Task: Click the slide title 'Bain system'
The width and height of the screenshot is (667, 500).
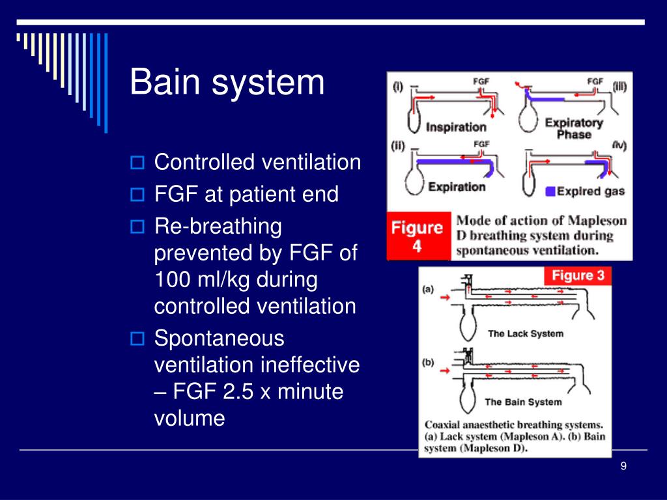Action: tap(227, 83)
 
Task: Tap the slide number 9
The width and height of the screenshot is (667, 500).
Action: tap(623, 465)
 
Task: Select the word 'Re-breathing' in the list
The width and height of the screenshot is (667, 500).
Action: tap(218, 227)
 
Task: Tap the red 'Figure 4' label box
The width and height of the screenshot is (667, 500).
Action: tap(416, 236)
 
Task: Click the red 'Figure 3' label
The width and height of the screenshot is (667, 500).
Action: tap(578, 275)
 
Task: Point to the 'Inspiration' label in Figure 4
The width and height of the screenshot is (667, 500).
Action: tap(456, 127)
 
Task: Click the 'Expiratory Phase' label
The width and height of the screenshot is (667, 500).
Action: tap(573, 128)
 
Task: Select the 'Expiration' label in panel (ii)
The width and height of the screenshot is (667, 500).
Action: tap(456, 187)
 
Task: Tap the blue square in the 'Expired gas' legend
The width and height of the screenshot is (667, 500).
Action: tap(550, 191)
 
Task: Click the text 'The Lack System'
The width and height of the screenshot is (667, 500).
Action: tap(525, 333)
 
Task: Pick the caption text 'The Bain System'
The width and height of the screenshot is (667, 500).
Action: tap(522, 402)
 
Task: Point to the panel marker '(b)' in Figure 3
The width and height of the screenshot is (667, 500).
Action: tap(428, 363)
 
